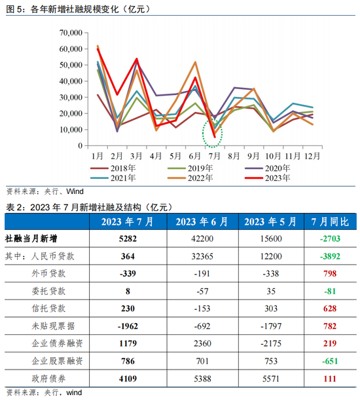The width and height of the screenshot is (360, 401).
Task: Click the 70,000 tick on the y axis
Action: pos(70,33)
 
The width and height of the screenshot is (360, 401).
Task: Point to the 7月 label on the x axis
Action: pos(213,156)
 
